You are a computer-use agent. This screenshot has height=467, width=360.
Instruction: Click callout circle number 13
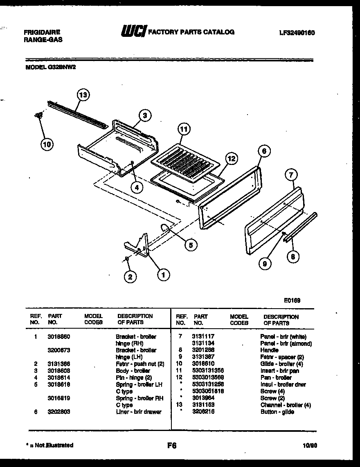click(x=83, y=95)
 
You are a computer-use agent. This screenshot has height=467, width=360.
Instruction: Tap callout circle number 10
click(x=47, y=144)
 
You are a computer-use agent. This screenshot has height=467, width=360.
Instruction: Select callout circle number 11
click(x=184, y=130)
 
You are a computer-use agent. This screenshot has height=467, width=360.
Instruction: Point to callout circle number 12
click(x=231, y=159)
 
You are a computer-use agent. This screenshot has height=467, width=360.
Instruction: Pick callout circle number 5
click(x=190, y=245)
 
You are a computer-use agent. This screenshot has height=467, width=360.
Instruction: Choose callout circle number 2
click(x=130, y=277)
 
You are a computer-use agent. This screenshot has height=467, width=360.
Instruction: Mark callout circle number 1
click(x=163, y=275)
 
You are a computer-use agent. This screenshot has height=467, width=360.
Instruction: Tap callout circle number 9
click(x=265, y=264)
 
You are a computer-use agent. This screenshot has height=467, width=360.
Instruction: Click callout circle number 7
click(x=290, y=175)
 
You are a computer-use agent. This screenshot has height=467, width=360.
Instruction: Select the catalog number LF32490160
click(x=297, y=33)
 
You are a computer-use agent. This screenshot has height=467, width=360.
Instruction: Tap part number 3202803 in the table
click(x=59, y=412)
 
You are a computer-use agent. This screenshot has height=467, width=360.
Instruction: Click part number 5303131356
click(x=208, y=370)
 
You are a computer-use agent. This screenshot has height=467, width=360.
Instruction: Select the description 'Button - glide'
click(x=277, y=412)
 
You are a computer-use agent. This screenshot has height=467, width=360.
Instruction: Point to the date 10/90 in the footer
click(x=310, y=446)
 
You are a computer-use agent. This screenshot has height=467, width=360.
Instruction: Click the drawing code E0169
click(x=292, y=300)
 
